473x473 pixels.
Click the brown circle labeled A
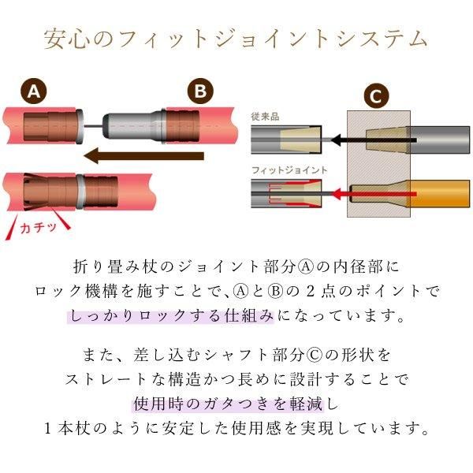click(x=33, y=91)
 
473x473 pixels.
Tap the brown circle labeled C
click(x=375, y=96)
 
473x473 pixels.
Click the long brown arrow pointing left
click(x=143, y=156)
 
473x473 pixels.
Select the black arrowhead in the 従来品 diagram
click(x=336, y=140)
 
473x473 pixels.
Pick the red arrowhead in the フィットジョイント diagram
click(x=336, y=194)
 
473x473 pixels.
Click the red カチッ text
click(x=39, y=228)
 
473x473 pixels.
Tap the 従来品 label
click(x=265, y=117)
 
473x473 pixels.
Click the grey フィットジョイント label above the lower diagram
click(x=289, y=170)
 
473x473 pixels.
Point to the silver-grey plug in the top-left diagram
click(x=132, y=125)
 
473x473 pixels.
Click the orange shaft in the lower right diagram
click(x=438, y=194)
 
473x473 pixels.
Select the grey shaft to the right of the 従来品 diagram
click(x=438, y=140)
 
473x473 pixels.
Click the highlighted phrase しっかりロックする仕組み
click(x=171, y=316)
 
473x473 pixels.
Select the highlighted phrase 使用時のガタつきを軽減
click(x=229, y=404)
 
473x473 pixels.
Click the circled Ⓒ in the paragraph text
click(x=314, y=355)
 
